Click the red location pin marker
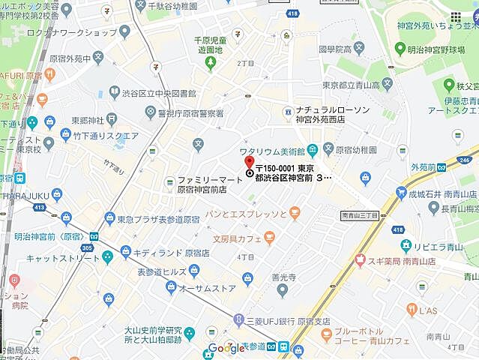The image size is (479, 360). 249,161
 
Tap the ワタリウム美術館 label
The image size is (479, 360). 271,148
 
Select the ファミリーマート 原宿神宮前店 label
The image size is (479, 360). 202,184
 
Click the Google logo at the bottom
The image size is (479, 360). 226,347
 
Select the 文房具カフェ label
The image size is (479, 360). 232,239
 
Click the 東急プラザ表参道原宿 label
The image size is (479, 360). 158,220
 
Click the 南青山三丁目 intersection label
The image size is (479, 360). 361,215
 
